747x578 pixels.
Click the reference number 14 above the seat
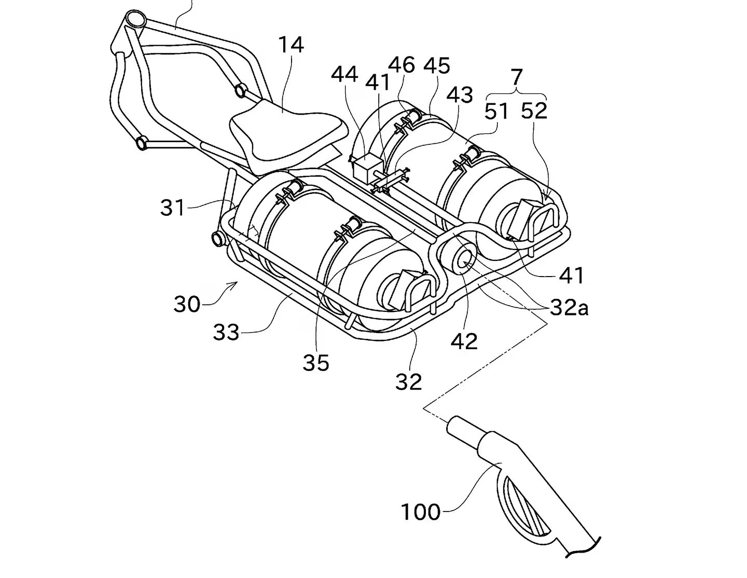[x=291, y=45]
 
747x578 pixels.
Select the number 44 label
[x=344, y=75]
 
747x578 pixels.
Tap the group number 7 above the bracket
[x=517, y=78]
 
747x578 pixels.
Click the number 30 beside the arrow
[x=187, y=304]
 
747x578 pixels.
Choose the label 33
[x=226, y=332]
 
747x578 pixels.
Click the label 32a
[x=569, y=308]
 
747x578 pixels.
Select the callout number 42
[x=464, y=341]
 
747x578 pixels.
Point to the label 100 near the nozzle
[x=421, y=512]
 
